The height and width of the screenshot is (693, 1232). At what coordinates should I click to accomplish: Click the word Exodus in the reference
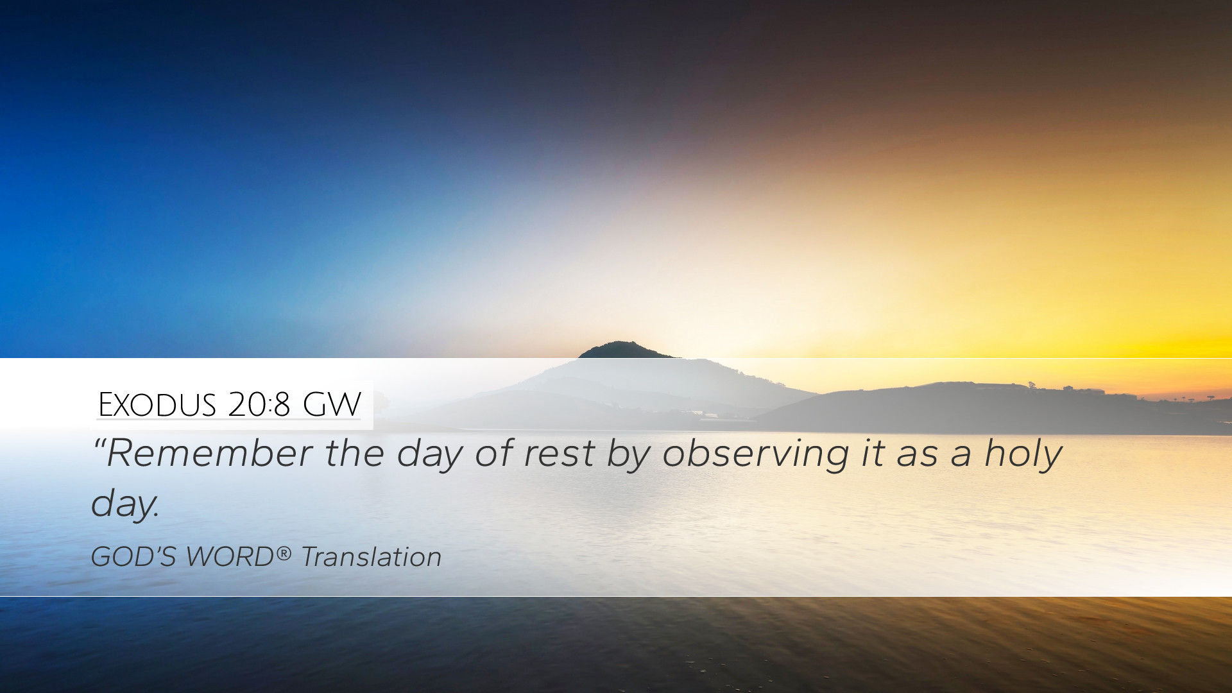pos(157,404)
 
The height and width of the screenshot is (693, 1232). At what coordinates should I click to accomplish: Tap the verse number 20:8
pos(259,404)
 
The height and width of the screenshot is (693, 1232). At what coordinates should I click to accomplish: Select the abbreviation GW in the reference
pos(332,404)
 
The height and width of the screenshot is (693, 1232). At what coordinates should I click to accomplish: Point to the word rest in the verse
pos(559,454)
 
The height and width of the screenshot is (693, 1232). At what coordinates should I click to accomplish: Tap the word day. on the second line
pos(125,505)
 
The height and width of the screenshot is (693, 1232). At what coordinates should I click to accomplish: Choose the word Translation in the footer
pos(372,556)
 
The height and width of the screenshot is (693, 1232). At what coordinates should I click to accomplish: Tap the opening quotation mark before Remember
pos(99,444)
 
